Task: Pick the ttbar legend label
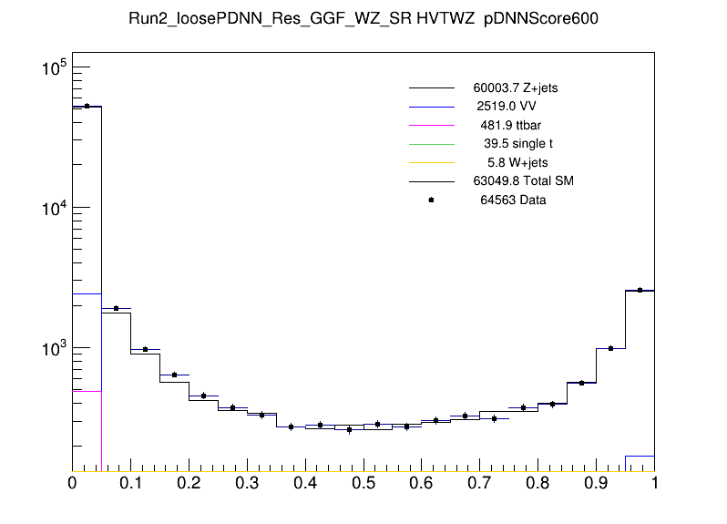click(511, 124)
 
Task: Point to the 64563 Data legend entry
click(513, 200)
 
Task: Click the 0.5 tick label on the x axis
click(363, 481)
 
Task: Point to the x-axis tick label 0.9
click(597, 481)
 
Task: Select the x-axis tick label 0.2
click(189, 481)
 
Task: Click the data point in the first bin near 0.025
click(87, 106)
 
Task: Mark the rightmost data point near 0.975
click(640, 290)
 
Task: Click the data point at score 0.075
click(116, 308)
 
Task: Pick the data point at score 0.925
click(610, 348)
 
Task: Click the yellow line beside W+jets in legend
click(431, 162)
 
